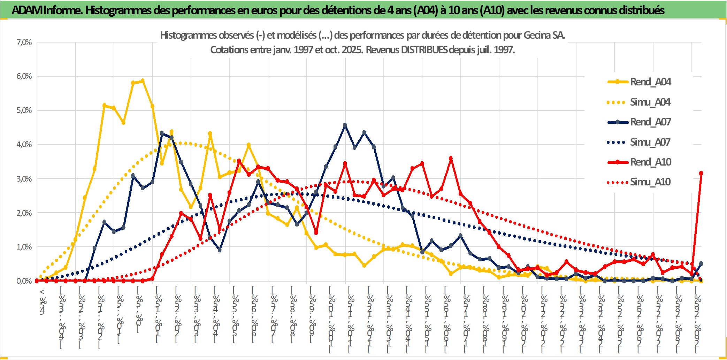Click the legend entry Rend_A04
point(650,82)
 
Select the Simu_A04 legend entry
point(650,102)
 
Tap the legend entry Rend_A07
point(650,122)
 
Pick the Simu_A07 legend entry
point(650,142)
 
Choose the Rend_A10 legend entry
point(650,162)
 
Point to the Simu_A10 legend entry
point(650,182)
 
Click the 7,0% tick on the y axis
point(24,43)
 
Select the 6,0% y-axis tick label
point(24,76)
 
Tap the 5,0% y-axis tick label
point(24,110)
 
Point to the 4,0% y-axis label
point(24,144)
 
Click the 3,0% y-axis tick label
point(24,179)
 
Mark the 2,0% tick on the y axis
point(24,213)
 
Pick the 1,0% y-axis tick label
point(24,247)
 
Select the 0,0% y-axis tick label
point(24,281)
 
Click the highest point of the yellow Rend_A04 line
point(143,81)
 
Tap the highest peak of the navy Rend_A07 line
point(345,125)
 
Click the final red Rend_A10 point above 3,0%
point(701,173)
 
